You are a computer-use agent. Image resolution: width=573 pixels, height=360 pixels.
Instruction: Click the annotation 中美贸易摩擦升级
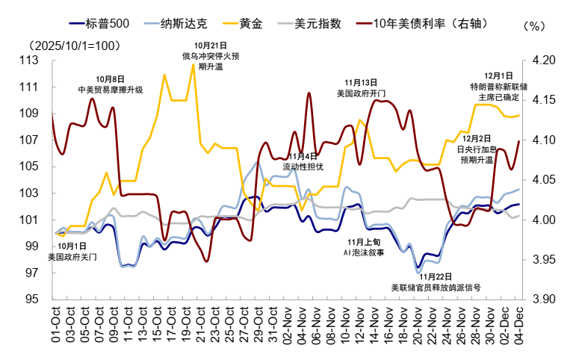(x=111, y=90)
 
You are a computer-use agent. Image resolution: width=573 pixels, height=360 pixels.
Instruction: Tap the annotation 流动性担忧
(x=303, y=166)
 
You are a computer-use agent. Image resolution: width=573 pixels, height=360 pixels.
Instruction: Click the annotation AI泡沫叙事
(x=364, y=252)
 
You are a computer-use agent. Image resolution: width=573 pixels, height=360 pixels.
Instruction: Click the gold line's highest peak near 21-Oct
(x=193, y=64)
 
